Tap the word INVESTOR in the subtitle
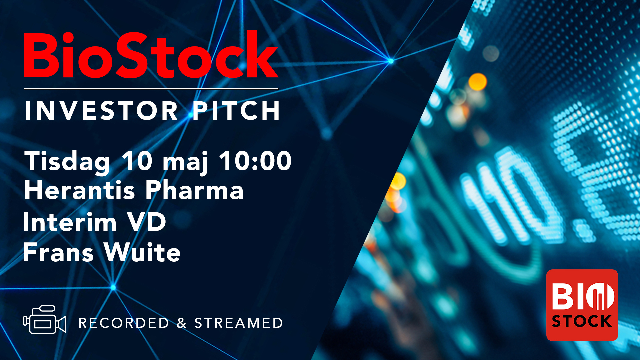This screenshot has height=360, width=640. tap(101, 111)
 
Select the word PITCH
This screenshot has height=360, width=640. tap(236, 111)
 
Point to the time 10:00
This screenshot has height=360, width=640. tap(255, 161)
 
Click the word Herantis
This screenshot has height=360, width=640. tap(80, 190)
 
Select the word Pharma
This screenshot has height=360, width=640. tap(194, 190)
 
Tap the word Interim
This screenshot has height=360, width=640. tap(70, 222)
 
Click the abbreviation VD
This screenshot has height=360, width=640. tap(147, 222)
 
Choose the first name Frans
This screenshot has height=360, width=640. tap(58, 252)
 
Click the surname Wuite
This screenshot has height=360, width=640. tap(142, 252)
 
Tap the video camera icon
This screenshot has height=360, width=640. tap(45, 320)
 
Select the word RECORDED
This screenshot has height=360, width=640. tap(124, 323)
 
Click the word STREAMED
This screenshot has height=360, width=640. tap(239, 323)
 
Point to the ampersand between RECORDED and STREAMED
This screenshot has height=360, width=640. tap(182, 323)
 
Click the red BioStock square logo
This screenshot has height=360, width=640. tap(582, 305)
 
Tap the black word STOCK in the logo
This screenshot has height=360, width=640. tap(582, 321)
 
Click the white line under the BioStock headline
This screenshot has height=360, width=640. tap(151, 89)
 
